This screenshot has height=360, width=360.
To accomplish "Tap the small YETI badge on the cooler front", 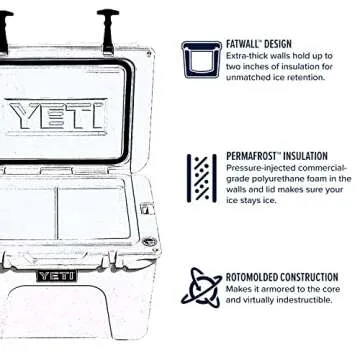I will (x=50, y=276).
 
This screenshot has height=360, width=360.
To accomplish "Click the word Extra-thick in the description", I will (x=246, y=57).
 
